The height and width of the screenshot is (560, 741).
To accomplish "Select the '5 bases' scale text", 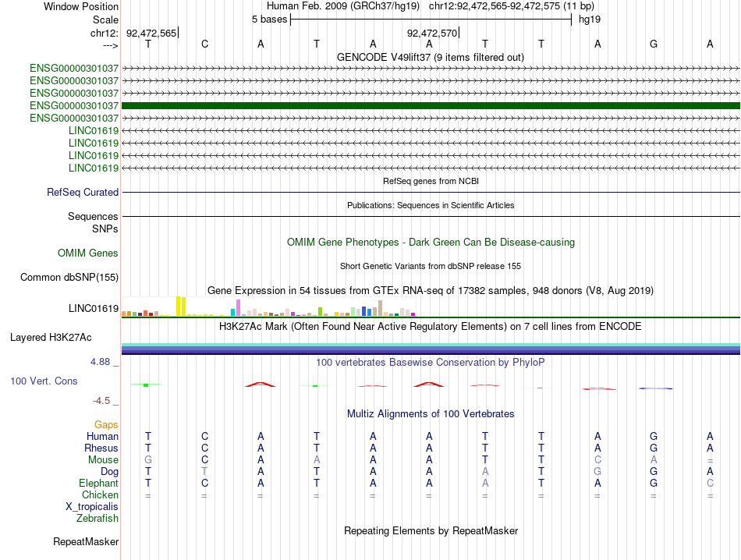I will click(269, 19).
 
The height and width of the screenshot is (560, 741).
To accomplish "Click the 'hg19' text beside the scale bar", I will click(589, 19).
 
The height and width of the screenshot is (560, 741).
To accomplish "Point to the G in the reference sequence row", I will click(654, 44).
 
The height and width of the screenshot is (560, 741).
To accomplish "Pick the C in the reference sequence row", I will click(204, 44).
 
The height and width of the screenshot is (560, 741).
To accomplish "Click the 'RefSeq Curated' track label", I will click(83, 192).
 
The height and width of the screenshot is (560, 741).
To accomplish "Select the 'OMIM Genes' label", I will click(88, 253).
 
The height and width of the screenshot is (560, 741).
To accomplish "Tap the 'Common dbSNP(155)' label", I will click(69, 277).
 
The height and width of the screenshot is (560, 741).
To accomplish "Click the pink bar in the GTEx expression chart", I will click(238, 307).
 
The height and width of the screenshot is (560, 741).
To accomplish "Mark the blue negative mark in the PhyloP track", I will click(655, 388).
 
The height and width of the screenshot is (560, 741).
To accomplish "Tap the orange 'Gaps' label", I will click(106, 424).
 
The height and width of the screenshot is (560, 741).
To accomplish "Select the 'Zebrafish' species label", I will click(97, 518).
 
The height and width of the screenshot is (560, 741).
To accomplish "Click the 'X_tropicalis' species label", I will click(92, 506).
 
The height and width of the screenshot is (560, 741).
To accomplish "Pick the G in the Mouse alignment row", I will click(148, 460).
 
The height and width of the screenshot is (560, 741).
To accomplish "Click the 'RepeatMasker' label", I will click(86, 541).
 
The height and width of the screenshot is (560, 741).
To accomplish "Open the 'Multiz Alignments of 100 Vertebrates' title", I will click(431, 413).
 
